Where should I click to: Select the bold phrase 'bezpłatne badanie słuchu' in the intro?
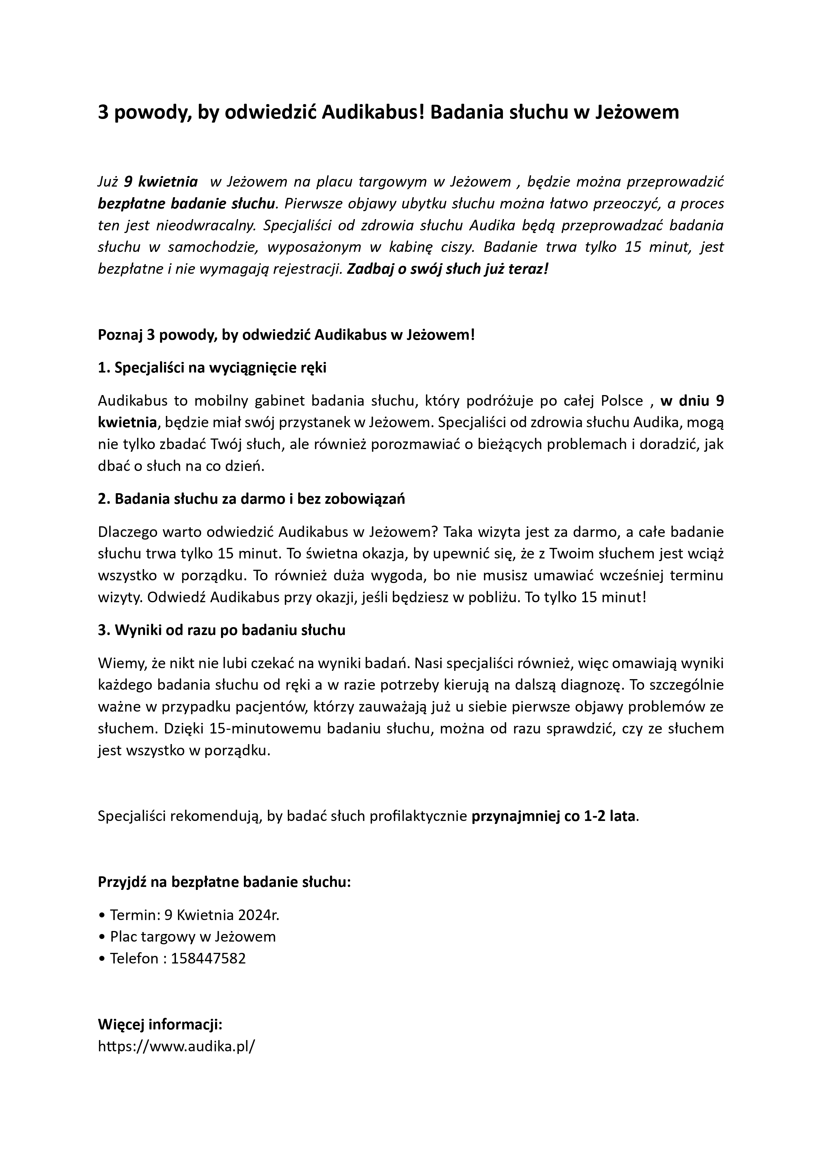[x=187, y=203]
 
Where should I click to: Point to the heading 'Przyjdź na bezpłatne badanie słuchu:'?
[x=224, y=882]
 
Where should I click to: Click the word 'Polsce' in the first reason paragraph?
[x=622, y=401]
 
